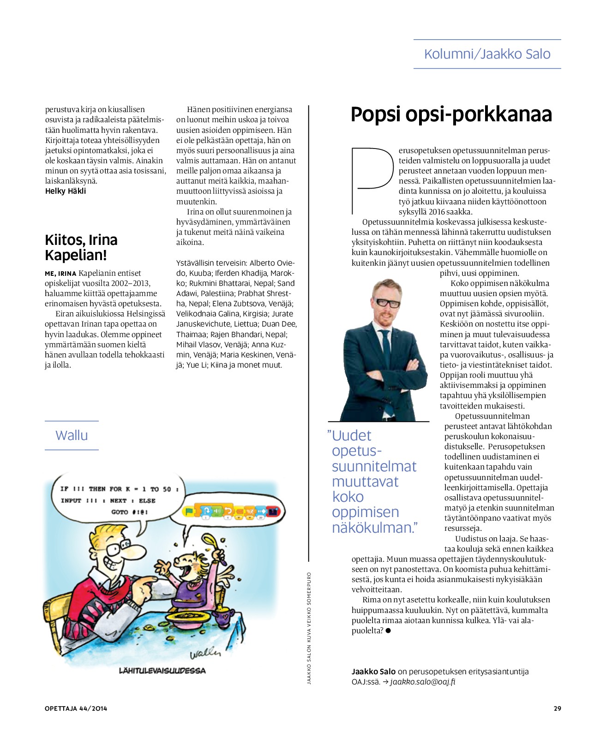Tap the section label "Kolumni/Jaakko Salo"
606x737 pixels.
point(487,54)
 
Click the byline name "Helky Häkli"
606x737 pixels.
point(66,191)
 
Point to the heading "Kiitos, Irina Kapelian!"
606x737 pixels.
point(81,247)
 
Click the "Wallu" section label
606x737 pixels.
point(72,435)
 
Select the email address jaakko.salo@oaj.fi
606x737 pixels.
point(423,682)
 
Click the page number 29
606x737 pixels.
point(557,708)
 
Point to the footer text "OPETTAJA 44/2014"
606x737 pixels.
point(76,708)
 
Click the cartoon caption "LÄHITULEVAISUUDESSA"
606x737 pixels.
point(162,670)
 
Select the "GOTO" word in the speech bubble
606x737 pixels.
point(120,512)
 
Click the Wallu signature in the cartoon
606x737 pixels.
point(205,653)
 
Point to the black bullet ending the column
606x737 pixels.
point(388,630)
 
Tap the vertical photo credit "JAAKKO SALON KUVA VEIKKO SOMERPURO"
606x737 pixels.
point(309,628)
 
